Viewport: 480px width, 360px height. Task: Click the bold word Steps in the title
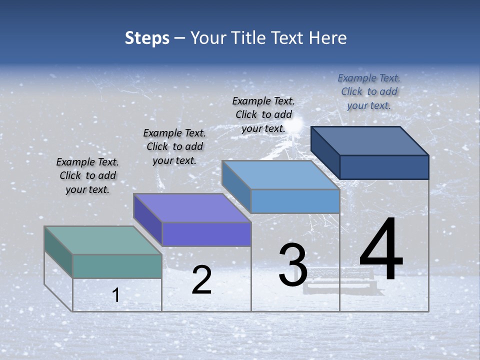(x=147, y=38)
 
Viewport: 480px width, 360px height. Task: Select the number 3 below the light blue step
(x=293, y=265)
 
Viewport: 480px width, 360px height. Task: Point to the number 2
(x=201, y=280)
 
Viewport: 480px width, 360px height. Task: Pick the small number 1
(x=116, y=295)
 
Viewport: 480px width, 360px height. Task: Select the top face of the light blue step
(x=280, y=175)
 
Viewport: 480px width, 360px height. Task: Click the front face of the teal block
(x=117, y=266)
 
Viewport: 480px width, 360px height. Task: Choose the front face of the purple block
(x=206, y=234)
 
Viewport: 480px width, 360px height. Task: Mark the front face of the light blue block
(x=295, y=201)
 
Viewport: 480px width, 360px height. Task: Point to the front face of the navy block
(x=384, y=167)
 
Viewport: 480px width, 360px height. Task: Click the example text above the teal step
(x=87, y=176)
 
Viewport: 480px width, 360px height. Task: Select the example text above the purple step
(x=174, y=147)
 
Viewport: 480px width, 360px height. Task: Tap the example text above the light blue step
(x=263, y=114)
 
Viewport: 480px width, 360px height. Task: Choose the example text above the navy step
(x=369, y=91)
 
